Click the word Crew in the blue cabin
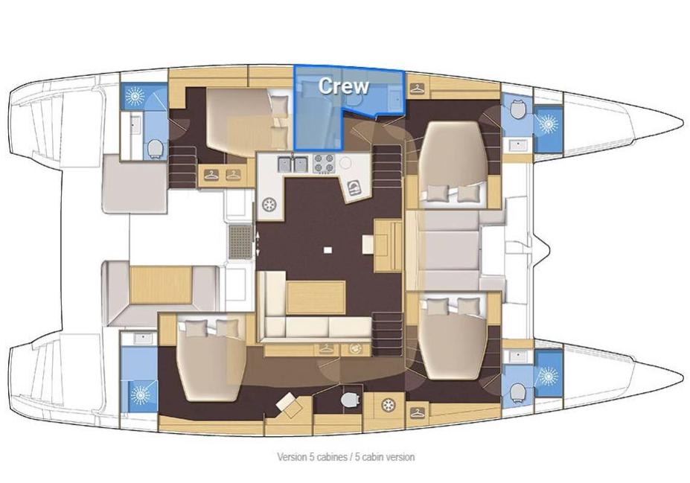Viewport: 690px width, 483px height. point(344,86)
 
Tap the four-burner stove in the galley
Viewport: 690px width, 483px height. point(324,163)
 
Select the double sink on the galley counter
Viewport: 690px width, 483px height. point(293,164)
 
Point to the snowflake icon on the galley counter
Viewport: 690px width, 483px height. point(269,205)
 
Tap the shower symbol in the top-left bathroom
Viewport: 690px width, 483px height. point(133,97)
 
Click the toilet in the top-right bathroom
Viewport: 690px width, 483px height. point(517,109)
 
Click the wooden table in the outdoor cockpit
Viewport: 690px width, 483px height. point(161,284)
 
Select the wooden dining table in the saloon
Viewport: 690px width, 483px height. point(316,298)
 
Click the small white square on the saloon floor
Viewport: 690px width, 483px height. point(327,250)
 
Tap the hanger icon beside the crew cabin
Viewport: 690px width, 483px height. point(416,89)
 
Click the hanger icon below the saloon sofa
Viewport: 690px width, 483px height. point(326,349)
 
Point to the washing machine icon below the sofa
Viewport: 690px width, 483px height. point(355,349)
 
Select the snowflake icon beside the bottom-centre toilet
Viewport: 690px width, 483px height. point(388,405)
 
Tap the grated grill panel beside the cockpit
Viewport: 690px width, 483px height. point(240,243)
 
